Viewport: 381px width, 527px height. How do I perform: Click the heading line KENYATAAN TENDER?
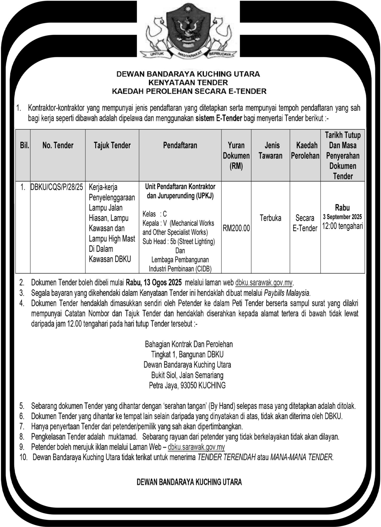(189, 83)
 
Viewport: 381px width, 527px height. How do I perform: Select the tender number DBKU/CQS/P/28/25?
(57, 187)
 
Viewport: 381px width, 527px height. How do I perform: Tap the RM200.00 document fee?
(236, 228)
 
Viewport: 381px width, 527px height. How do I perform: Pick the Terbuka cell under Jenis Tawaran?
(270, 218)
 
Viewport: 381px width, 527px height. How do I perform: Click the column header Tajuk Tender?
(112, 145)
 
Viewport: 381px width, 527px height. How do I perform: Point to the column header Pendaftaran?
(180, 145)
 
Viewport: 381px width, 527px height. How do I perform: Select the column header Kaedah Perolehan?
(305, 151)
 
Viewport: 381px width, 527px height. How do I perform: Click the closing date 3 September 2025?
(342, 217)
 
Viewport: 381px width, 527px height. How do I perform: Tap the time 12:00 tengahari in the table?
(342, 226)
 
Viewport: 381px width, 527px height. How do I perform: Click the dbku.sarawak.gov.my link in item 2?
(264, 283)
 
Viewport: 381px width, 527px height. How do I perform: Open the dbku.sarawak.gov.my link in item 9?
(196, 447)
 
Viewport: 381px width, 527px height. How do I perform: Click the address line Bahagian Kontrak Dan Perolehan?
(189, 344)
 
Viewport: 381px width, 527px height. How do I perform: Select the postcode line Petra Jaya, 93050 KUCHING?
(187, 385)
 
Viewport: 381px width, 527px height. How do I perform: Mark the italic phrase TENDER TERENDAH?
(226, 457)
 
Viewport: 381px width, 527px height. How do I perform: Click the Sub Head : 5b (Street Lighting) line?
(179, 242)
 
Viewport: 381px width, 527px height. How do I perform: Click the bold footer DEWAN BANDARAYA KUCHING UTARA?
(189, 482)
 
